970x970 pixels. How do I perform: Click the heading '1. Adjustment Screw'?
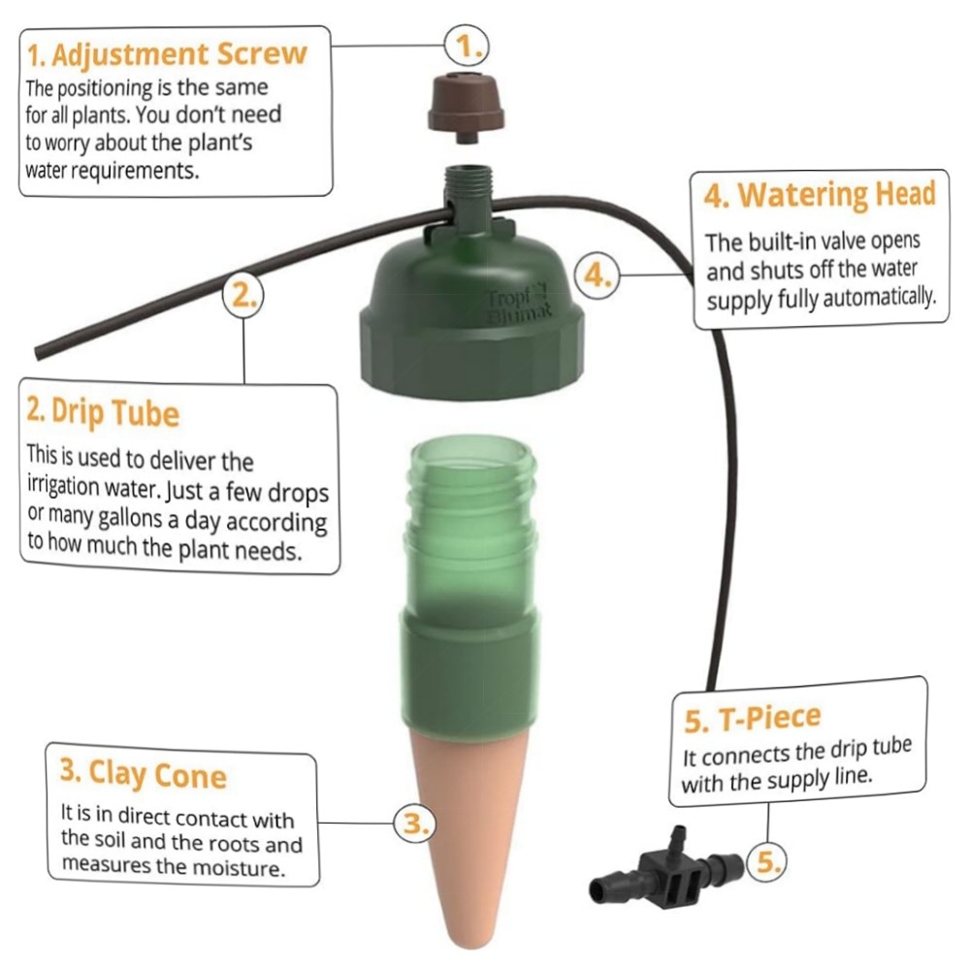[x=167, y=55]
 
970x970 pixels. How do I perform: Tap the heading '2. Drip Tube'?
[x=104, y=411]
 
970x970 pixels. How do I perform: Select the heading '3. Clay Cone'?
[x=144, y=773]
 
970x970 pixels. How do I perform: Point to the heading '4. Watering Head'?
[x=819, y=195]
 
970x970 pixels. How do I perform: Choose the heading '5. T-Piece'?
[x=753, y=718]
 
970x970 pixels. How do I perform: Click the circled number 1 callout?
[x=467, y=47]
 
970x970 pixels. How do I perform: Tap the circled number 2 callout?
[x=243, y=296]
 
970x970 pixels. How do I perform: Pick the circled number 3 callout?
[x=415, y=824]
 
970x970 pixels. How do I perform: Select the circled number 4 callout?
[x=597, y=275]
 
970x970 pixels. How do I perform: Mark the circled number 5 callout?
[x=767, y=861]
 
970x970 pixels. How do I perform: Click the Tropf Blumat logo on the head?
[x=518, y=303]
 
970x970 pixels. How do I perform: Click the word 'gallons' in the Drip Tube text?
[x=130, y=517]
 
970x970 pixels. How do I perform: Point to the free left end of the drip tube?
[x=40, y=353]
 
